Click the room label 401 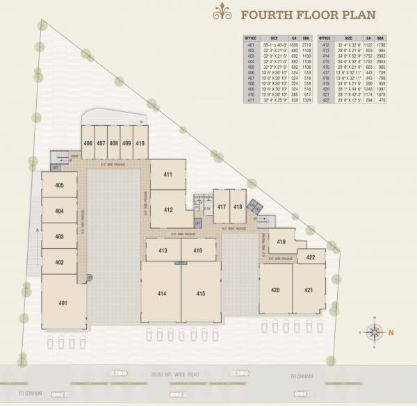point(63,302)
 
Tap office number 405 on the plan point(60,185)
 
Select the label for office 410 point(140,143)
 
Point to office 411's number point(167,174)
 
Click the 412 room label point(167,210)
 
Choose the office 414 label point(161,294)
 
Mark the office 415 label point(201,294)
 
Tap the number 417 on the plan point(221,207)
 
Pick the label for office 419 point(281,241)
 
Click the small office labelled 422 point(311,257)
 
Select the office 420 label point(275,289)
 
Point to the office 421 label point(308,289)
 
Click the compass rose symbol point(374,332)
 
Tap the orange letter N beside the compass point(391,332)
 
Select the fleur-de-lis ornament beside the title point(222,12)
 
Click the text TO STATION point(30,393)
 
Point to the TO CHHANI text point(302,375)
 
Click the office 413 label point(163,250)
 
